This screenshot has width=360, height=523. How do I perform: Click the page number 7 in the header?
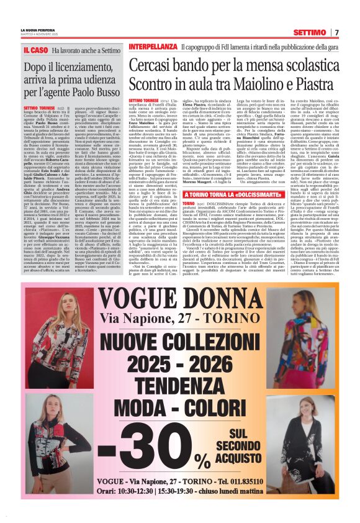(x=336, y=32)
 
